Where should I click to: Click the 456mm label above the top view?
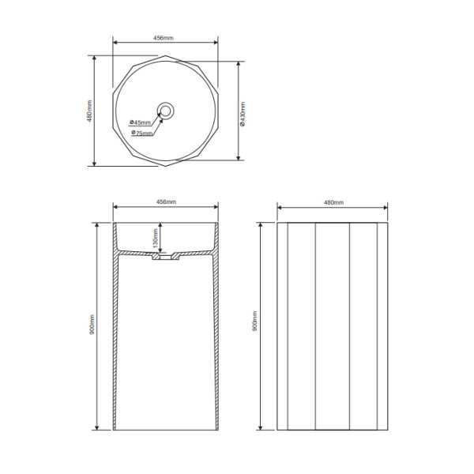pos(164,38)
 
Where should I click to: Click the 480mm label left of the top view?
pos(90,111)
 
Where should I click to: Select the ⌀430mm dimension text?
pos(243,114)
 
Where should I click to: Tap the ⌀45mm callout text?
pos(140,122)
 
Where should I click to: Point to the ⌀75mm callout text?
pos(141,133)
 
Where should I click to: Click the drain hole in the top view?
pos(165,111)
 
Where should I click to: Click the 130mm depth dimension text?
pos(156,238)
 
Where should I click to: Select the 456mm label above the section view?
pos(166,201)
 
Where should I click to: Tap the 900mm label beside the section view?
pos(92,325)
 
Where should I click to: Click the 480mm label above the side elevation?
pos(333,202)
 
